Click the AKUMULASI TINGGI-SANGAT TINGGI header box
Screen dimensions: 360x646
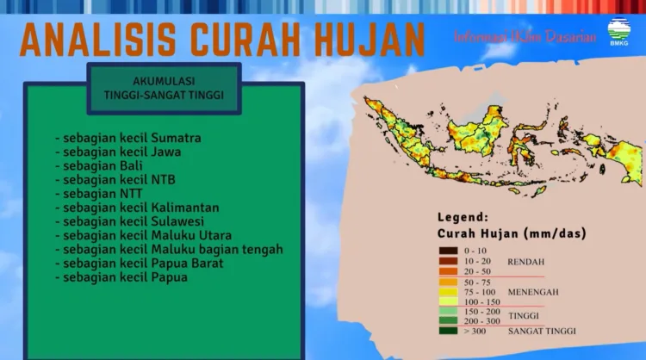[164, 89]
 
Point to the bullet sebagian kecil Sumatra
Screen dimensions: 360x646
[127, 138]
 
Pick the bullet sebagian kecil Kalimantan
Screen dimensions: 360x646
[136, 208]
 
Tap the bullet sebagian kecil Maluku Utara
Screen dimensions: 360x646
[142, 235]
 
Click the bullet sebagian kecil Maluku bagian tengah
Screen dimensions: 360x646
[168, 249]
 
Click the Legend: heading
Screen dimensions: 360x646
[463, 217]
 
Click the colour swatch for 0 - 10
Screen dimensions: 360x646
[449, 249]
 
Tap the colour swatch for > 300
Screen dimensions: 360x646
[449, 330]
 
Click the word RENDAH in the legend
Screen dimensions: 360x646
[526, 261]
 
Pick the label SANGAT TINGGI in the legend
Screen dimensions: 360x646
[543, 330]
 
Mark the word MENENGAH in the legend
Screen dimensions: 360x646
[533, 292]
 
